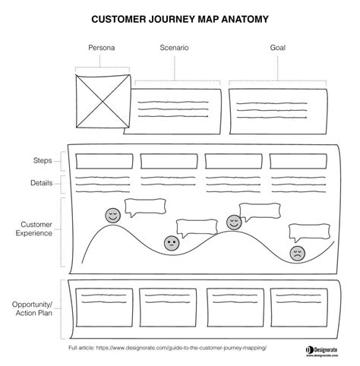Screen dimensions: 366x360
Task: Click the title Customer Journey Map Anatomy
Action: pos(179,18)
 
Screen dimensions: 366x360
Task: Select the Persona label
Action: pos(103,48)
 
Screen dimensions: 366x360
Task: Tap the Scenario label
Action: pos(174,48)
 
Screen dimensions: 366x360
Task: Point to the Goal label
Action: pos(278,48)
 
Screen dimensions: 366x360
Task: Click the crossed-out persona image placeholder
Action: pos(103,99)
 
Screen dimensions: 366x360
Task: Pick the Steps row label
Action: pos(43,161)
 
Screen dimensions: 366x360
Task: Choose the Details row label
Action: pos(42,183)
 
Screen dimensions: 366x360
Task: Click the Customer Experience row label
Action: pos(35,229)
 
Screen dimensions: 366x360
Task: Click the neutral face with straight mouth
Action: pos(172,244)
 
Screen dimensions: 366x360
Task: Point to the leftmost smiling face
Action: pos(112,216)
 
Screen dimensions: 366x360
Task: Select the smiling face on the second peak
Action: pos(234,222)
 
